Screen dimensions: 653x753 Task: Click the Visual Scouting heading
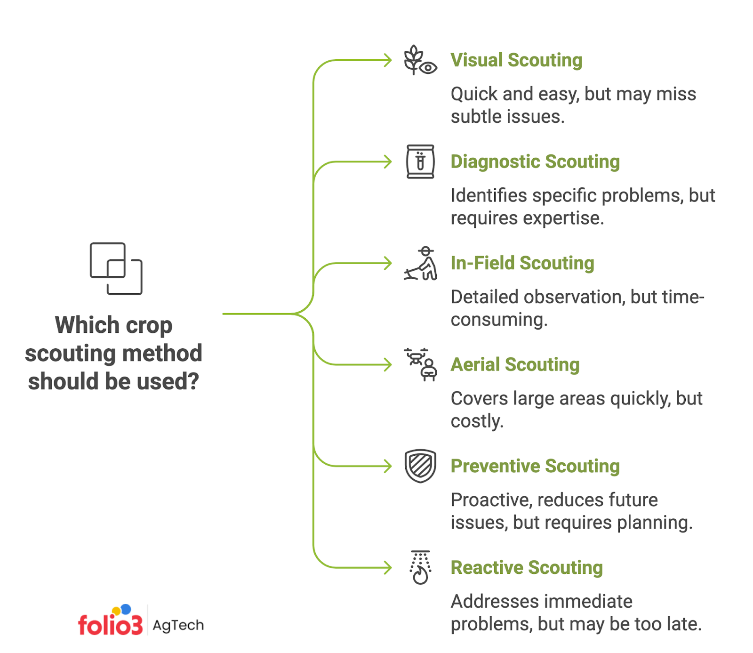[516, 60]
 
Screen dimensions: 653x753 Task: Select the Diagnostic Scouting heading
[535, 161]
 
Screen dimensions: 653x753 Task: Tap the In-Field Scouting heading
[522, 263]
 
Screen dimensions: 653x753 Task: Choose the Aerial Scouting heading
[515, 365]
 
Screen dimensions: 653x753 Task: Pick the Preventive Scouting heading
[535, 466]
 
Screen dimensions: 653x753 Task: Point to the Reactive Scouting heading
[527, 568]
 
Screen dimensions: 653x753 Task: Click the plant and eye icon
[420, 60]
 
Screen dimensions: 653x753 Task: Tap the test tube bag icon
[420, 161]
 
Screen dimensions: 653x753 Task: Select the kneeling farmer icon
[421, 264]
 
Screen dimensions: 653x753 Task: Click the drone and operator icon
[421, 364]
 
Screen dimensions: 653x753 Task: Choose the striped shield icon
[420, 466]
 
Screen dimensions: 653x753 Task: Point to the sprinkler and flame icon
[420, 567]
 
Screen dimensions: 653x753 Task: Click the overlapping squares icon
[116, 268]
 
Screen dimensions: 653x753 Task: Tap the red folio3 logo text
[110, 625]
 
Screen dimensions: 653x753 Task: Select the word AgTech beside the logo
[178, 625]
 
